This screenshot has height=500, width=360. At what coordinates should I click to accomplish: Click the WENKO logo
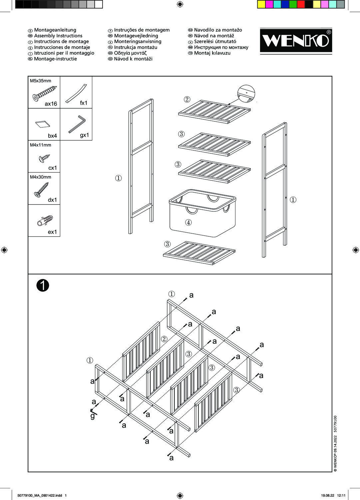[x=296, y=40]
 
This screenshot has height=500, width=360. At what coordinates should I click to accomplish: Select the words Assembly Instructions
[x=58, y=36]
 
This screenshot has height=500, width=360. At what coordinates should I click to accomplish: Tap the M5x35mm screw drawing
[x=44, y=93]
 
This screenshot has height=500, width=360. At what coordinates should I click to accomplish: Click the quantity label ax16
[x=51, y=104]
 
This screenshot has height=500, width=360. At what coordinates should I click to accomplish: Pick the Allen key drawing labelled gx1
[x=77, y=124]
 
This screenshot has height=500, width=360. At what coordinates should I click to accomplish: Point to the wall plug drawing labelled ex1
[x=45, y=221]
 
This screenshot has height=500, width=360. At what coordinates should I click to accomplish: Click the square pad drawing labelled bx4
[x=42, y=124]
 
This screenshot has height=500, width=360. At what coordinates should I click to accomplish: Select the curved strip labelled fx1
[x=76, y=93]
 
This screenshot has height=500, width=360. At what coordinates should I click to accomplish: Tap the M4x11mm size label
[x=41, y=145]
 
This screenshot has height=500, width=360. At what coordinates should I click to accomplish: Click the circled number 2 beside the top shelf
[x=187, y=99]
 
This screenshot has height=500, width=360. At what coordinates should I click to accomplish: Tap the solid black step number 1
[x=43, y=285]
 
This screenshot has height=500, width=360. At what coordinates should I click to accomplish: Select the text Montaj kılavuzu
[x=212, y=53]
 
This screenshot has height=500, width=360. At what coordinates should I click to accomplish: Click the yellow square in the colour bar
[x=261, y=4]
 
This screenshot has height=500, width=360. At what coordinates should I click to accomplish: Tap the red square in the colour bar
[x=301, y=4]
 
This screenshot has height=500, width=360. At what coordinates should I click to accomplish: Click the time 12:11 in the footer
[x=343, y=495]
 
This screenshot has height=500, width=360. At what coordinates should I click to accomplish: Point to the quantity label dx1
[x=52, y=200]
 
